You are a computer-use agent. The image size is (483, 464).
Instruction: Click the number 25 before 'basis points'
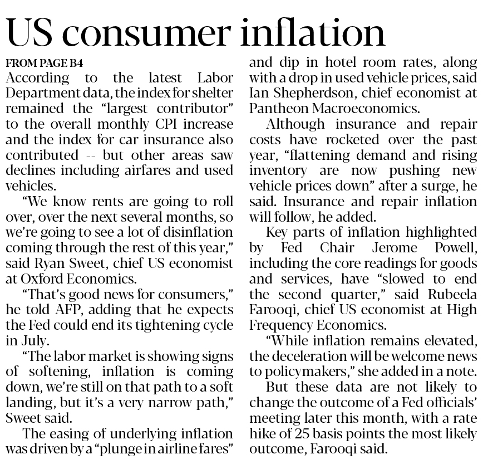click(307, 432)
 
